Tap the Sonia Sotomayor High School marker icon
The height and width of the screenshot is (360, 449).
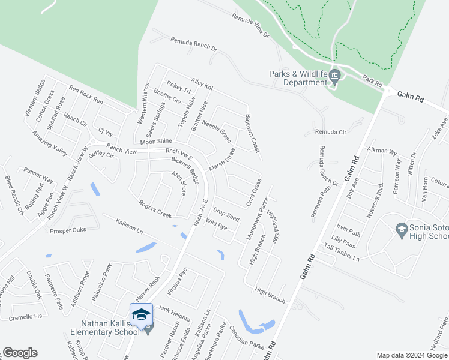point(402,229)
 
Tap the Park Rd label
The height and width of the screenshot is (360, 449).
point(372,80)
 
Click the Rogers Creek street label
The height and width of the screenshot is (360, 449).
point(155,209)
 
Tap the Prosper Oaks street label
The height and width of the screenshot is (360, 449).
point(69,230)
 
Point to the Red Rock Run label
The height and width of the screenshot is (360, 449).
point(86,96)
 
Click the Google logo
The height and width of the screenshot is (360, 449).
point(20,353)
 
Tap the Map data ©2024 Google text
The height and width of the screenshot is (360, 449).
point(412,355)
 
